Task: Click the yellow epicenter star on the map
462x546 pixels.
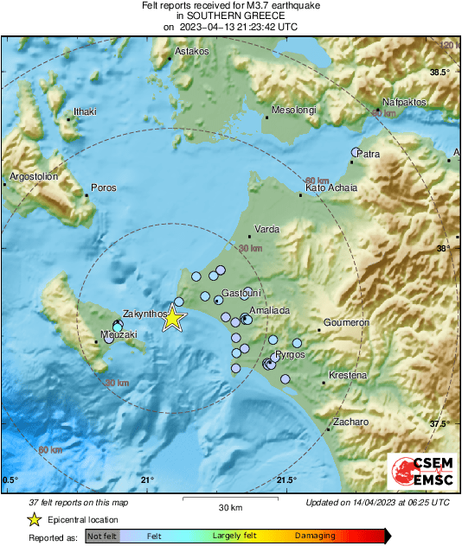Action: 174,318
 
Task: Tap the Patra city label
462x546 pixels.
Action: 369,156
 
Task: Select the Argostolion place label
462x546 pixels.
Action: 33,177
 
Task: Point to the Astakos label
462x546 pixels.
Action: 192,52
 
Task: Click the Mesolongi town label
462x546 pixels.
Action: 294,111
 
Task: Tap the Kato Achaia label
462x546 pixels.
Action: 330,187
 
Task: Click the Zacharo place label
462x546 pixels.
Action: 351,422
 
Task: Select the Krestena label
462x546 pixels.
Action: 348,376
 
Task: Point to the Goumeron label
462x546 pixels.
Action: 347,322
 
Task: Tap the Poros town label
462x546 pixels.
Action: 103,187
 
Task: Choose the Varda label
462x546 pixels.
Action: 266,231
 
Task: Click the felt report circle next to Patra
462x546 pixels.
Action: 355,153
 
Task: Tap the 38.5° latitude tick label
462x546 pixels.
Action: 440,72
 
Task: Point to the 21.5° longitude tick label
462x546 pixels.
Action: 286,480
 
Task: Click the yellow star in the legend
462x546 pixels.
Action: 34,519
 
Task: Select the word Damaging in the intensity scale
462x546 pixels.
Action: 315,536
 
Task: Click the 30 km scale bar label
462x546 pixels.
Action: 229,506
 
